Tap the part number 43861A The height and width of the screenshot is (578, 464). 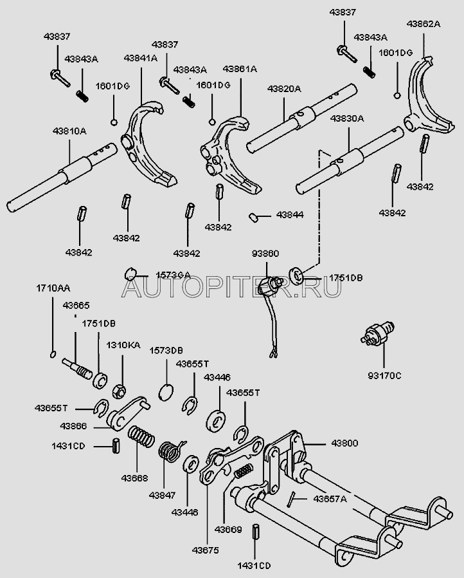coord(240,69)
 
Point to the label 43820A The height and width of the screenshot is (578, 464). coord(283,90)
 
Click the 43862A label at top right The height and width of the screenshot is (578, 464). coord(423,24)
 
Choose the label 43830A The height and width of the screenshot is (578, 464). coord(347,118)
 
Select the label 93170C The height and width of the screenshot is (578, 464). coord(384,375)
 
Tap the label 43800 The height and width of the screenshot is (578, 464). coord(345,443)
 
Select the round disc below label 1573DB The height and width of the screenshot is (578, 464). coord(166,391)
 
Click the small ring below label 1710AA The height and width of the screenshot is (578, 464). coord(52,353)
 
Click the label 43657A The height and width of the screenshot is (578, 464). coord(329,498)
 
